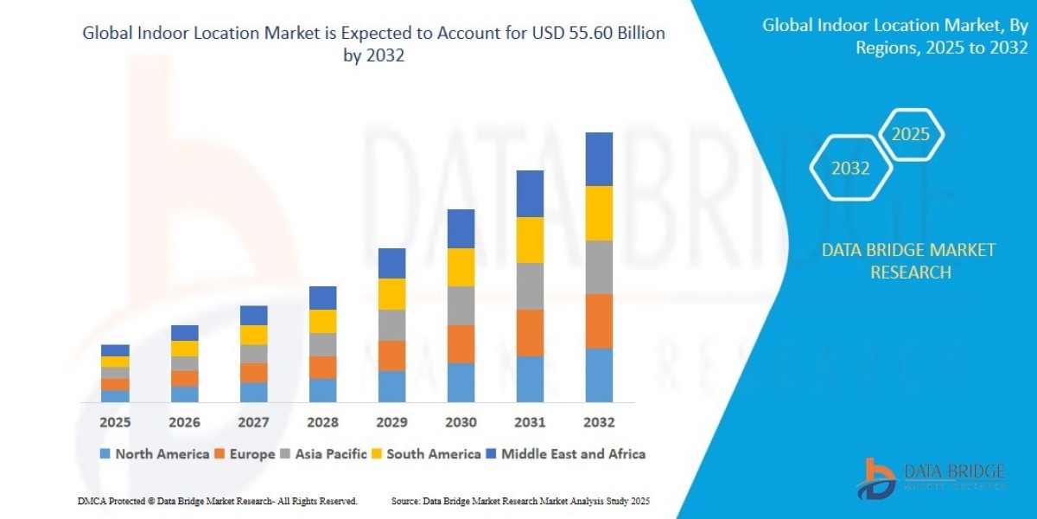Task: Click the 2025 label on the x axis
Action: point(115,422)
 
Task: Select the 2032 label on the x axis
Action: point(599,422)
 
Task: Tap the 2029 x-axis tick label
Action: point(391,422)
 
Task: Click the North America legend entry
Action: point(155,453)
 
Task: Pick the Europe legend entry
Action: point(245,453)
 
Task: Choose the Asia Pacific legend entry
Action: point(324,453)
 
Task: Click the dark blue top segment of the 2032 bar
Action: point(599,159)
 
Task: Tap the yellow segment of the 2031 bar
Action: point(530,240)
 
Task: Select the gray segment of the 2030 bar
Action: point(461,305)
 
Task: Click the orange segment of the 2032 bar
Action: point(599,321)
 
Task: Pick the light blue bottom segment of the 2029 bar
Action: point(391,386)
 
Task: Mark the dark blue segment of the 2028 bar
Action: point(322,298)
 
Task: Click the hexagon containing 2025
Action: point(910,134)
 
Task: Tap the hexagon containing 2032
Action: point(850,169)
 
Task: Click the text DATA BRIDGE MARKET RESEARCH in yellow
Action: point(908,261)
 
